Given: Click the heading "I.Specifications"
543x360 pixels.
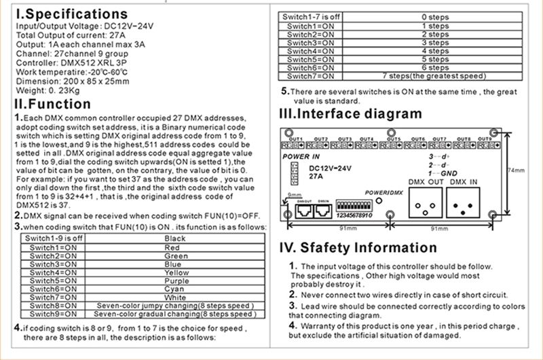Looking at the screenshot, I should click(x=71, y=14).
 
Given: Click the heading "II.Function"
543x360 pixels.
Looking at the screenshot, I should click(x=62, y=104).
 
